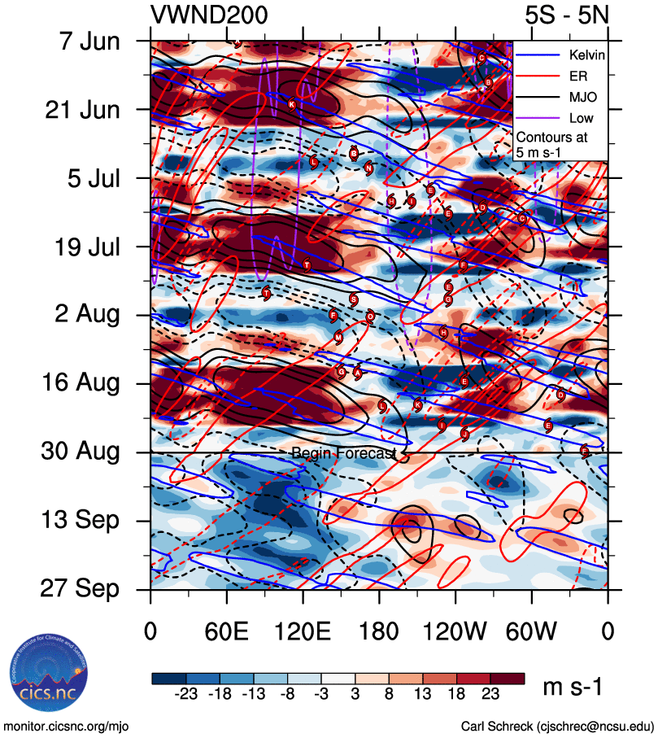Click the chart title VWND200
click(209, 15)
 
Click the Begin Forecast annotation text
click(343, 452)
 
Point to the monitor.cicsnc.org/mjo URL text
click(67, 726)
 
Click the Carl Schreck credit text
click(557, 726)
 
